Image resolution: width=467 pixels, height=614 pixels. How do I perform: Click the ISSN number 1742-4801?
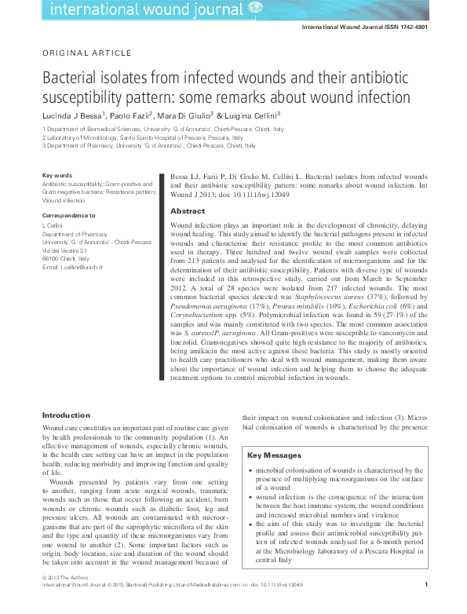point(430,26)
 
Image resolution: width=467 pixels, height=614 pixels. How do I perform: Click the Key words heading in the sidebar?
point(57,175)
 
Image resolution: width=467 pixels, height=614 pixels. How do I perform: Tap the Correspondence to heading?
point(69,214)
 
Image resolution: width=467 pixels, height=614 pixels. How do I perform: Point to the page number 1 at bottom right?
point(425,605)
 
